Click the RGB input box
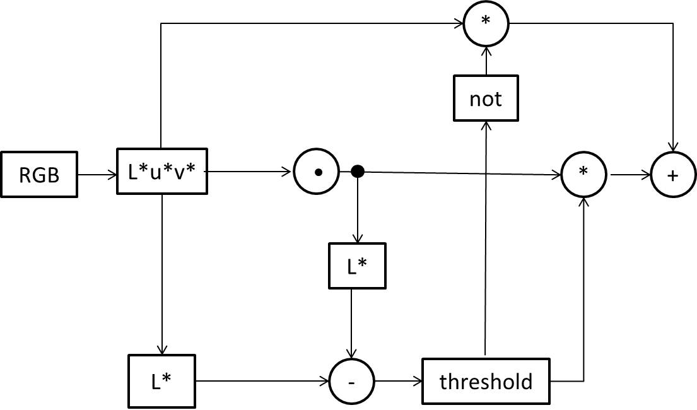point(39,175)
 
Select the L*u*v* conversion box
point(163,171)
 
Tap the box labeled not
point(486,98)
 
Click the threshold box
point(486,382)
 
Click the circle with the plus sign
point(673,175)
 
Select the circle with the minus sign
point(352,382)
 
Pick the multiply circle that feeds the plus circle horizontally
point(583,173)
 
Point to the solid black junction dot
point(358,171)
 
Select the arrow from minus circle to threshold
point(397,382)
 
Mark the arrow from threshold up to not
point(485,240)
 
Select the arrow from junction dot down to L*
point(358,208)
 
